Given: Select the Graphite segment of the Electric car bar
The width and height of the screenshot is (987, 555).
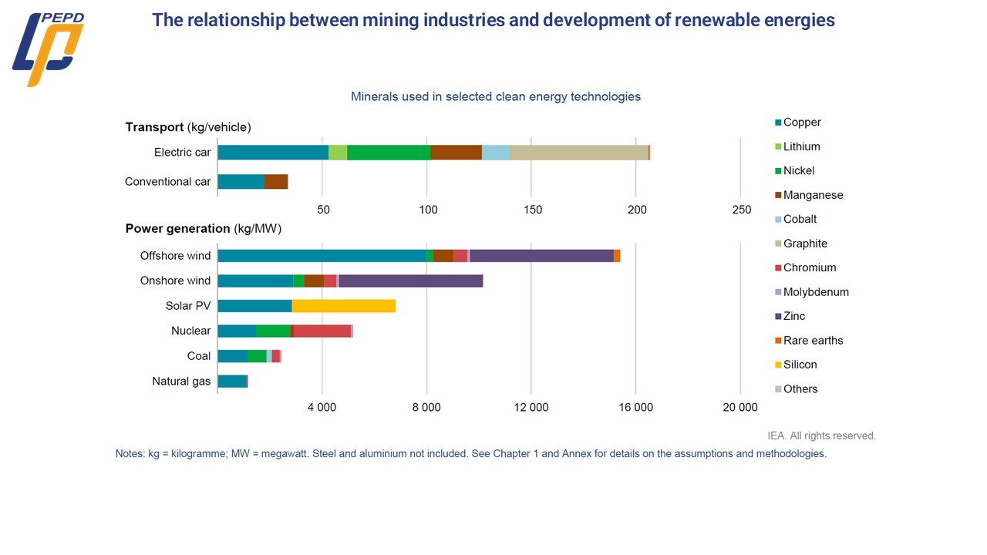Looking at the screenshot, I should [578, 153].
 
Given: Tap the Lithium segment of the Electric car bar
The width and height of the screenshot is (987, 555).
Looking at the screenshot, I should [338, 153].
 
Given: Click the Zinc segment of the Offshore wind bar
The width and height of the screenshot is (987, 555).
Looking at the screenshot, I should [541, 256].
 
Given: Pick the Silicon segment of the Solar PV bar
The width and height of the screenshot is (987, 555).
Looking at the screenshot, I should [344, 306].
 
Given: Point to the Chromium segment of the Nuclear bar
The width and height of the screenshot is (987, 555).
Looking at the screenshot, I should [322, 331].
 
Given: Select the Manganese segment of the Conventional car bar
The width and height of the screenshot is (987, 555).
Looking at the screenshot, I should [275, 182].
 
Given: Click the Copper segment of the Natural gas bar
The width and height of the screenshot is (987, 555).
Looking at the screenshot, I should [232, 381].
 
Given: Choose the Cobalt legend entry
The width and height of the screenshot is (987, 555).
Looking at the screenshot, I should [800, 219].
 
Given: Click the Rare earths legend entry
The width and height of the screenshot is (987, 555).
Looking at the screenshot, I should [813, 340].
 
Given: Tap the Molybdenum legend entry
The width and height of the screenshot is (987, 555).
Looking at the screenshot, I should [816, 292].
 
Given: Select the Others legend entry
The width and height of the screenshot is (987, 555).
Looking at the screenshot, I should [800, 389].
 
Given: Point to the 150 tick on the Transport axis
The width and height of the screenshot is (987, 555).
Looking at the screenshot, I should [532, 210].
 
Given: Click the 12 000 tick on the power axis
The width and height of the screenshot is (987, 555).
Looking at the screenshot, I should [531, 408].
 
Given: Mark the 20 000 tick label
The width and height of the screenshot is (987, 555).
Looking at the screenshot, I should [740, 408].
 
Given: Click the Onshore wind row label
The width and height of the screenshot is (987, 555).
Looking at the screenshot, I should [175, 281].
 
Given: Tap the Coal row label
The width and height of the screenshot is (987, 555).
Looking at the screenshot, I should [199, 356].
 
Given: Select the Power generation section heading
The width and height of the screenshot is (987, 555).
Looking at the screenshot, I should [204, 229].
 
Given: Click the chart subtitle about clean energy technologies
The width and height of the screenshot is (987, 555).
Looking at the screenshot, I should [495, 96].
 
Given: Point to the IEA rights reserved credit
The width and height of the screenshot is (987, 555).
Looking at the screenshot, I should [822, 436].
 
